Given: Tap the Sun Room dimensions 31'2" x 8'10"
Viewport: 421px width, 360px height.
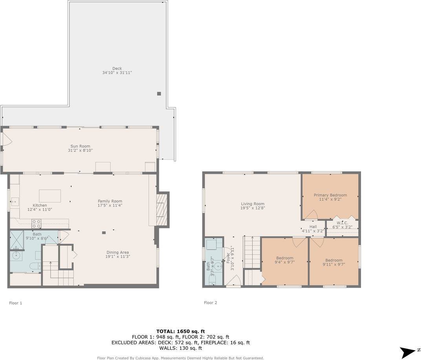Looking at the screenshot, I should [80, 150].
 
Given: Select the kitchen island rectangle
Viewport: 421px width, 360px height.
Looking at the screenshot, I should [50, 196].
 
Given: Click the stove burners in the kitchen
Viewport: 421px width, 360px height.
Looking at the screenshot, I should [36, 224].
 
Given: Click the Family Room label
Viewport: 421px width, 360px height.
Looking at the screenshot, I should [110, 201].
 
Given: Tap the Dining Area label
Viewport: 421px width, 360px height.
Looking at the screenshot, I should [117, 252].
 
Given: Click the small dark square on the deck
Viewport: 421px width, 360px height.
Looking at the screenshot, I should [159, 94].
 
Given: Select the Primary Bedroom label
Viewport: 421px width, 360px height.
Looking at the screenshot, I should [330, 195].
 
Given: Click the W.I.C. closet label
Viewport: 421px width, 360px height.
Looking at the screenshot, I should [342, 223].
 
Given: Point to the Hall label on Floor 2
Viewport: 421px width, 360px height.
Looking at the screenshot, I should [313, 227].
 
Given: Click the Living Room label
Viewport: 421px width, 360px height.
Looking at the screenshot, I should [253, 204].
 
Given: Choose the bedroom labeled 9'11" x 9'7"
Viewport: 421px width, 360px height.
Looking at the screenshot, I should [333, 260].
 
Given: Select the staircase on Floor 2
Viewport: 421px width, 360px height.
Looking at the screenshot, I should [252, 252].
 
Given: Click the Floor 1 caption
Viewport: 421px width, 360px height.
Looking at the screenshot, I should [16, 303].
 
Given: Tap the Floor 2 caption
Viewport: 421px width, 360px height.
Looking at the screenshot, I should [210, 303].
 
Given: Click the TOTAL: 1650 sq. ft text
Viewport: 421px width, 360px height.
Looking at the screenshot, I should [180, 331].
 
